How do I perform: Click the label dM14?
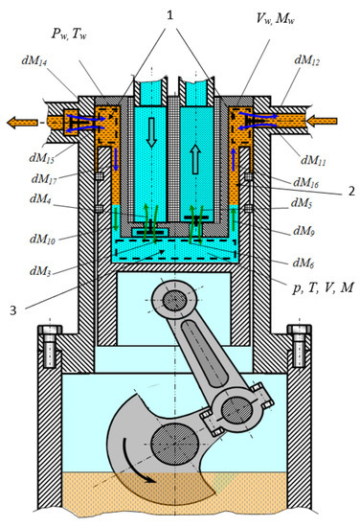click(34, 60)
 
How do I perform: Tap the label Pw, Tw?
click(69, 34)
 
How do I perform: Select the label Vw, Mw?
click(276, 18)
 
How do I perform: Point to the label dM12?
click(307, 59)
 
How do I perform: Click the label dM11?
click(313, 161)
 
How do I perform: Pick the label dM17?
click(44, 179)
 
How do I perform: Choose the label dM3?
click(41, 270)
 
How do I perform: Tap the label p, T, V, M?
click(323, 288)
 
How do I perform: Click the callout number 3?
click(12, 310)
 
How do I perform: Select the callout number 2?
click(351, 191)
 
